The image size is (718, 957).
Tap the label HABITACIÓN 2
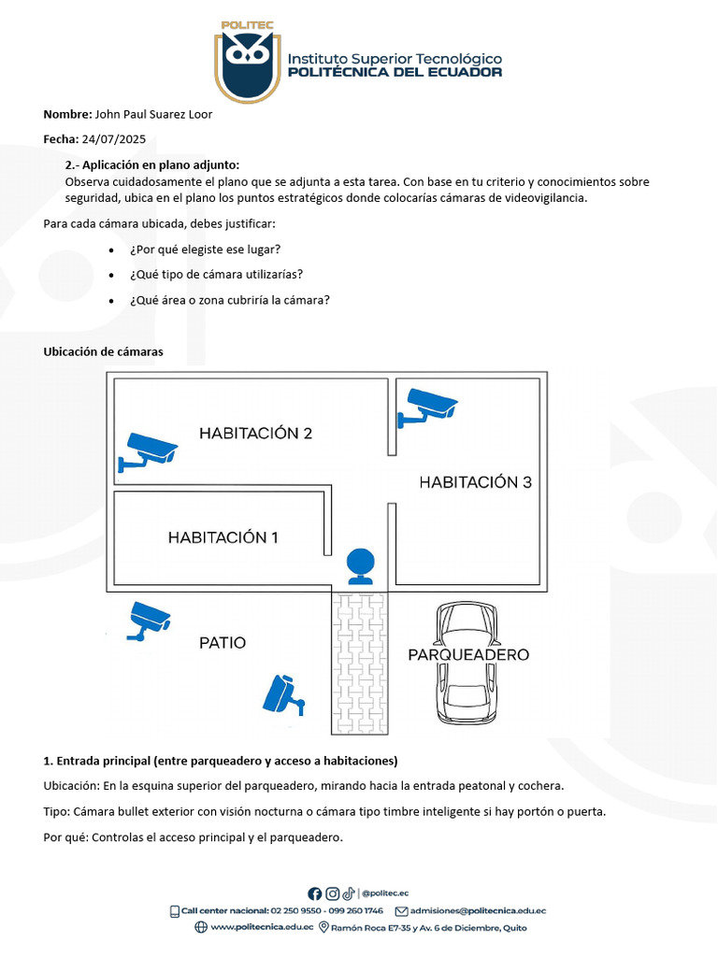pos(255,433)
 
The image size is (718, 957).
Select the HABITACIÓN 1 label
pos(223,537)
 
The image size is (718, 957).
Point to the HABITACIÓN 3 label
pos(475,482)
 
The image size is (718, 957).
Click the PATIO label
pos(223,643)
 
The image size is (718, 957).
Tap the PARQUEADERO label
pos(468,655)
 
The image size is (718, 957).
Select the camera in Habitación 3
pos(426,406)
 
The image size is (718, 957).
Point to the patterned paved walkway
pos(361,664)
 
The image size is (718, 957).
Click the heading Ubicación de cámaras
pos(104,351)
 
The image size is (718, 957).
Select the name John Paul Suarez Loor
pos(153,114)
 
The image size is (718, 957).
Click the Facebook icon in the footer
pos(314,893)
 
